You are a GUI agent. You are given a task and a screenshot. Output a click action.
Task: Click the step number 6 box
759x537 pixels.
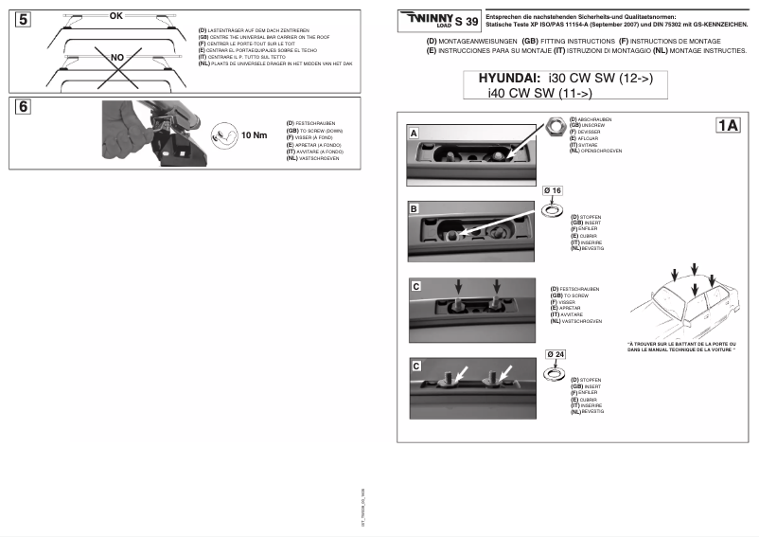pyautogui.click(x=24, y=107)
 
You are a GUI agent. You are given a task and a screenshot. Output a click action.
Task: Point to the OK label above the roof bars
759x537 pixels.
pyautogui.click(x=116, y=16)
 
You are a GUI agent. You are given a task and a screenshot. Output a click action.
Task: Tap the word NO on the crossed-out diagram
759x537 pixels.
pyautogui.click(x=117, y=58)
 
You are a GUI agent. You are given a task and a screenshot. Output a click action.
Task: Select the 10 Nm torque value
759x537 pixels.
pyautogui.click(x=255, y=135)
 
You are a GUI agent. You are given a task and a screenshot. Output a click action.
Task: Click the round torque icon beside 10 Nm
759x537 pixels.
pyautogui.click(x=223, y=134)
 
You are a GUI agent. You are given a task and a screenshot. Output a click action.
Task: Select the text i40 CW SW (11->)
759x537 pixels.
pyautogui.click(x=539, y=94)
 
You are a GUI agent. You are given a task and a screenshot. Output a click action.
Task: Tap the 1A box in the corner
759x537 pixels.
pyautogui.click(x=728, y=125)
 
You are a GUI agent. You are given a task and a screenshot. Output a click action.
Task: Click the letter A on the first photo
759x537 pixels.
pyautogui.click(x=415, y=134)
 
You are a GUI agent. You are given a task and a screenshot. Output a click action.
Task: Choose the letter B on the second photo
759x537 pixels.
pyautogui.click(x=415, y=206)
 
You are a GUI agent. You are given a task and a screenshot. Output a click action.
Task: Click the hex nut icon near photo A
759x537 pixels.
pyautogui.click(x=555, y=125)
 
